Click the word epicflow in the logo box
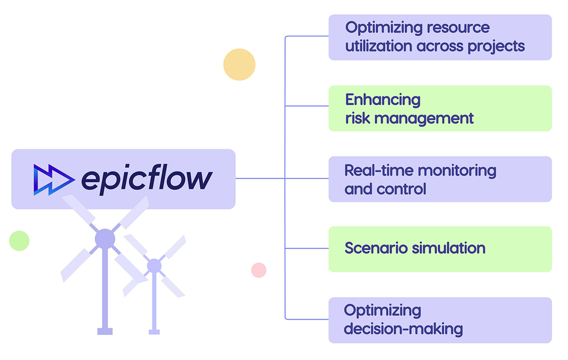tap(147, 179)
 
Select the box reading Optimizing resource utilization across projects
tap(440, 37)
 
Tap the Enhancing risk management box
tap(440, 108)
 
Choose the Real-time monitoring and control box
tap(440, 179)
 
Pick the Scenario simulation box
tap(440, 249)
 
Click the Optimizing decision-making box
tap(440, 320)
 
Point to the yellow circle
tap(239, 64)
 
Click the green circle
tap(19, 241)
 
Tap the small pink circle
tap(258, 270)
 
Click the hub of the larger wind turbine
tap(105, 239)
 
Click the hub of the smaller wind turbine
tap(154, 266)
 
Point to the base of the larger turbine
tap(105, 331)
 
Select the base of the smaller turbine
tap(154, 332)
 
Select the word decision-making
tap(403, 329)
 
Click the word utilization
tap(379, 46)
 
